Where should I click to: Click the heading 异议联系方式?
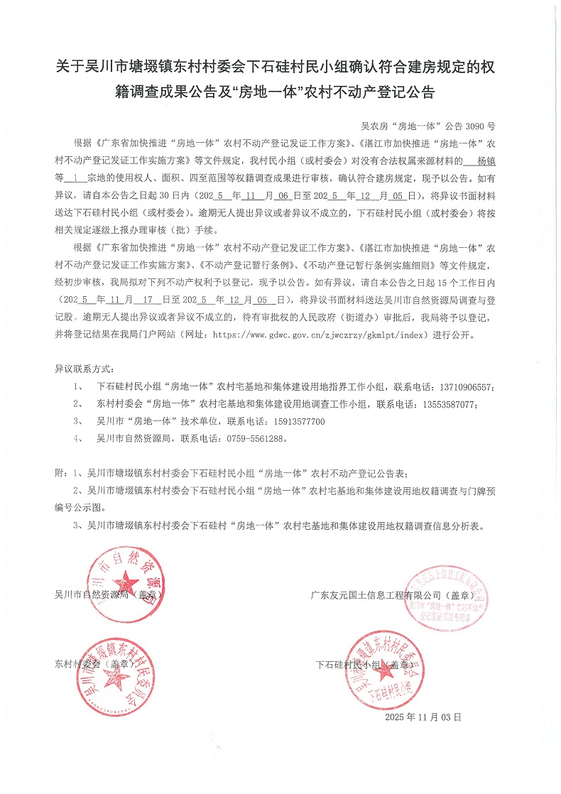[x=84, y=370]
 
